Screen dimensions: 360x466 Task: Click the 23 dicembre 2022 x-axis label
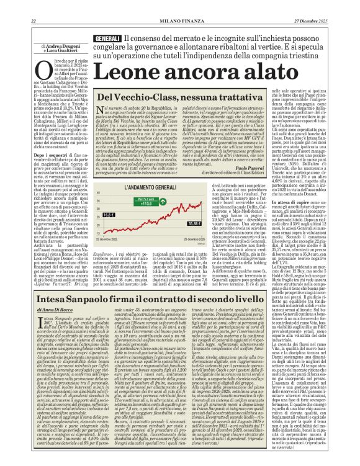click(x=120, y=239)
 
